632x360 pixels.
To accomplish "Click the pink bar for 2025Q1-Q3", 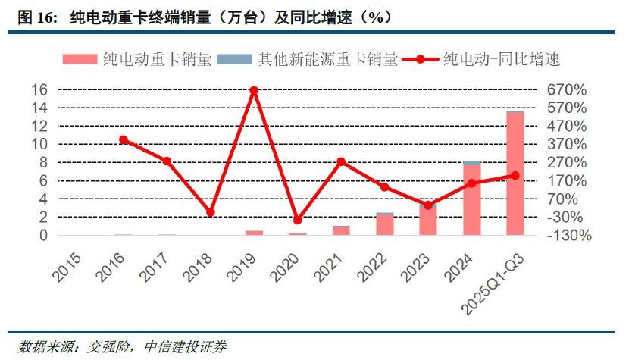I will coord(515,174).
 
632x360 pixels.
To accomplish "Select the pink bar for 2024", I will coord(471,200).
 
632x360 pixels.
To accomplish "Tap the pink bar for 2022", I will coord(385,225).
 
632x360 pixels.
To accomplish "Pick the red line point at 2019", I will coord(254,90).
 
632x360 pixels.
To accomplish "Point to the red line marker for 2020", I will coord(297,220).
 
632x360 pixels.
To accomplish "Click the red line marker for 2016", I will coord(124,139).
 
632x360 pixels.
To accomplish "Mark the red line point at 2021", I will coord(341,161).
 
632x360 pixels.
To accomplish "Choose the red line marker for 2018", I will coord(211,212).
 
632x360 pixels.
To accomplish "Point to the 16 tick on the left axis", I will coord(39,89).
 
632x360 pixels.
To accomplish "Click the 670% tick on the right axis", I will coord(567,89).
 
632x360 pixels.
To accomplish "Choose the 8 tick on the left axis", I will coord(43,162).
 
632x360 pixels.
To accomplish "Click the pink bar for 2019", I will coord(254,233).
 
